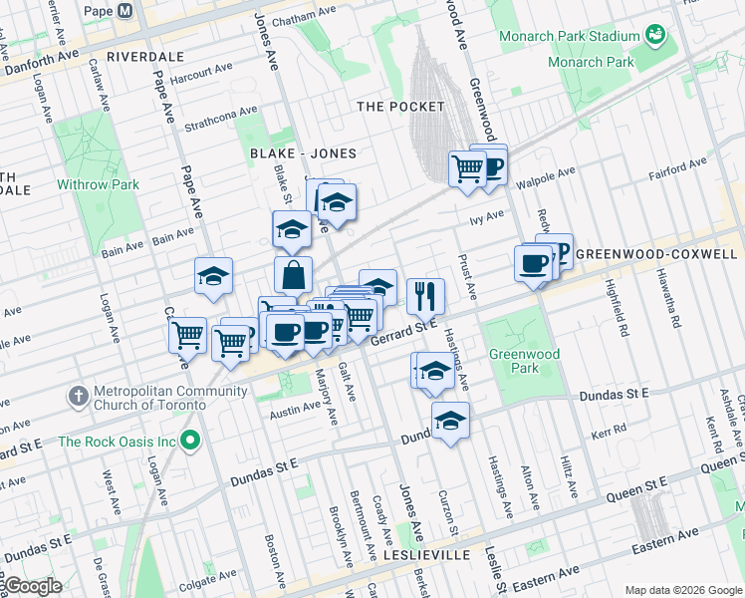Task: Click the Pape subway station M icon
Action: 125,11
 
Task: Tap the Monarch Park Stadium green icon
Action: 655,36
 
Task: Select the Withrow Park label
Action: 98,184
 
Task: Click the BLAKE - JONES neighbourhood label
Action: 303,153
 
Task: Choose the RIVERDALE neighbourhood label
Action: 146,56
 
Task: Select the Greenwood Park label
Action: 524,361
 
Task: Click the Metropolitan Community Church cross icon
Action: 78,396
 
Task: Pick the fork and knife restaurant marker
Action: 425,294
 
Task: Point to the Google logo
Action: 32,586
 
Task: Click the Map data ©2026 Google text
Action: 682,590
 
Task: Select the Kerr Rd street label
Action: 608,431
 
